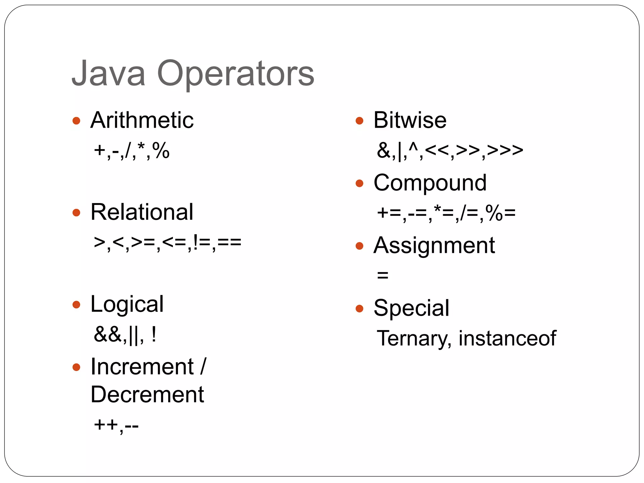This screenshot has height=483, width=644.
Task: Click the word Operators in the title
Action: [236, 74]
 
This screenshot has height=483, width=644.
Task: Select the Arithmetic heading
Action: [142, 120]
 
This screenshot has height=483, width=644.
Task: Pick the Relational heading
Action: [142, 212]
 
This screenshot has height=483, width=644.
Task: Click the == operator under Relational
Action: [229, 242]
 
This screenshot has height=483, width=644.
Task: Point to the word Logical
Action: [127, 304]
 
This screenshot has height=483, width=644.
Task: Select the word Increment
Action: [142, 367]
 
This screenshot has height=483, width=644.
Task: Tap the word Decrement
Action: [147, 394]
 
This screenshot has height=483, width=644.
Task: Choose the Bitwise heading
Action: [410, 120]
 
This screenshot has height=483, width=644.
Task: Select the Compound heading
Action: [430, 183]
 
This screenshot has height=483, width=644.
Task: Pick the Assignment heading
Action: [434, 246]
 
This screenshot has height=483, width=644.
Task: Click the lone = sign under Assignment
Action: [383, 275]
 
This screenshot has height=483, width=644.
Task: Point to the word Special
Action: [411, 308]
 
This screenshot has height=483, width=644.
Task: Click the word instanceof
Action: [507, 338]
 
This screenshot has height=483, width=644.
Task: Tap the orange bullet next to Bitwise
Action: [359, 121]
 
